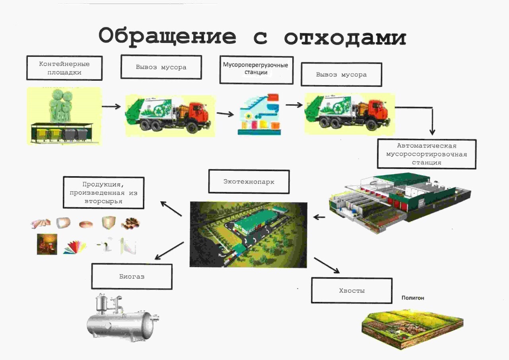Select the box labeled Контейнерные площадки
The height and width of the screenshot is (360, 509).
[x=64, y=68]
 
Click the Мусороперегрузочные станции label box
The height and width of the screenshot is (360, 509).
[x=256, y=70]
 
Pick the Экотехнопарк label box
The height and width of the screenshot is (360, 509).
[x=249, y=181]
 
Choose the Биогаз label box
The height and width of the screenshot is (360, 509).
[x=132, y=276]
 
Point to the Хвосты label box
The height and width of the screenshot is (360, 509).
[x=352, y=290]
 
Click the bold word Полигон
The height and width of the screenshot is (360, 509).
[x=413, y=298]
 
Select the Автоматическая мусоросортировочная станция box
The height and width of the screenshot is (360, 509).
[x=427, y=154]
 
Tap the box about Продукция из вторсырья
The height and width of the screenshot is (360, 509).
[x=104, y=193]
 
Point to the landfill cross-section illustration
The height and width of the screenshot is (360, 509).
[x=412, y=329]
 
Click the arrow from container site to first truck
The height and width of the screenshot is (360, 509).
[x=111, y=106]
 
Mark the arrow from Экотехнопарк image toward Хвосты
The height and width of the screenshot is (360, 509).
[x=327, y=265]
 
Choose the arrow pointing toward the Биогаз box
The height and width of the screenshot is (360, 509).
[x=169, y=251]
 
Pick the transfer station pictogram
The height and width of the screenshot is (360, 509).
[x=259, y=114]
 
